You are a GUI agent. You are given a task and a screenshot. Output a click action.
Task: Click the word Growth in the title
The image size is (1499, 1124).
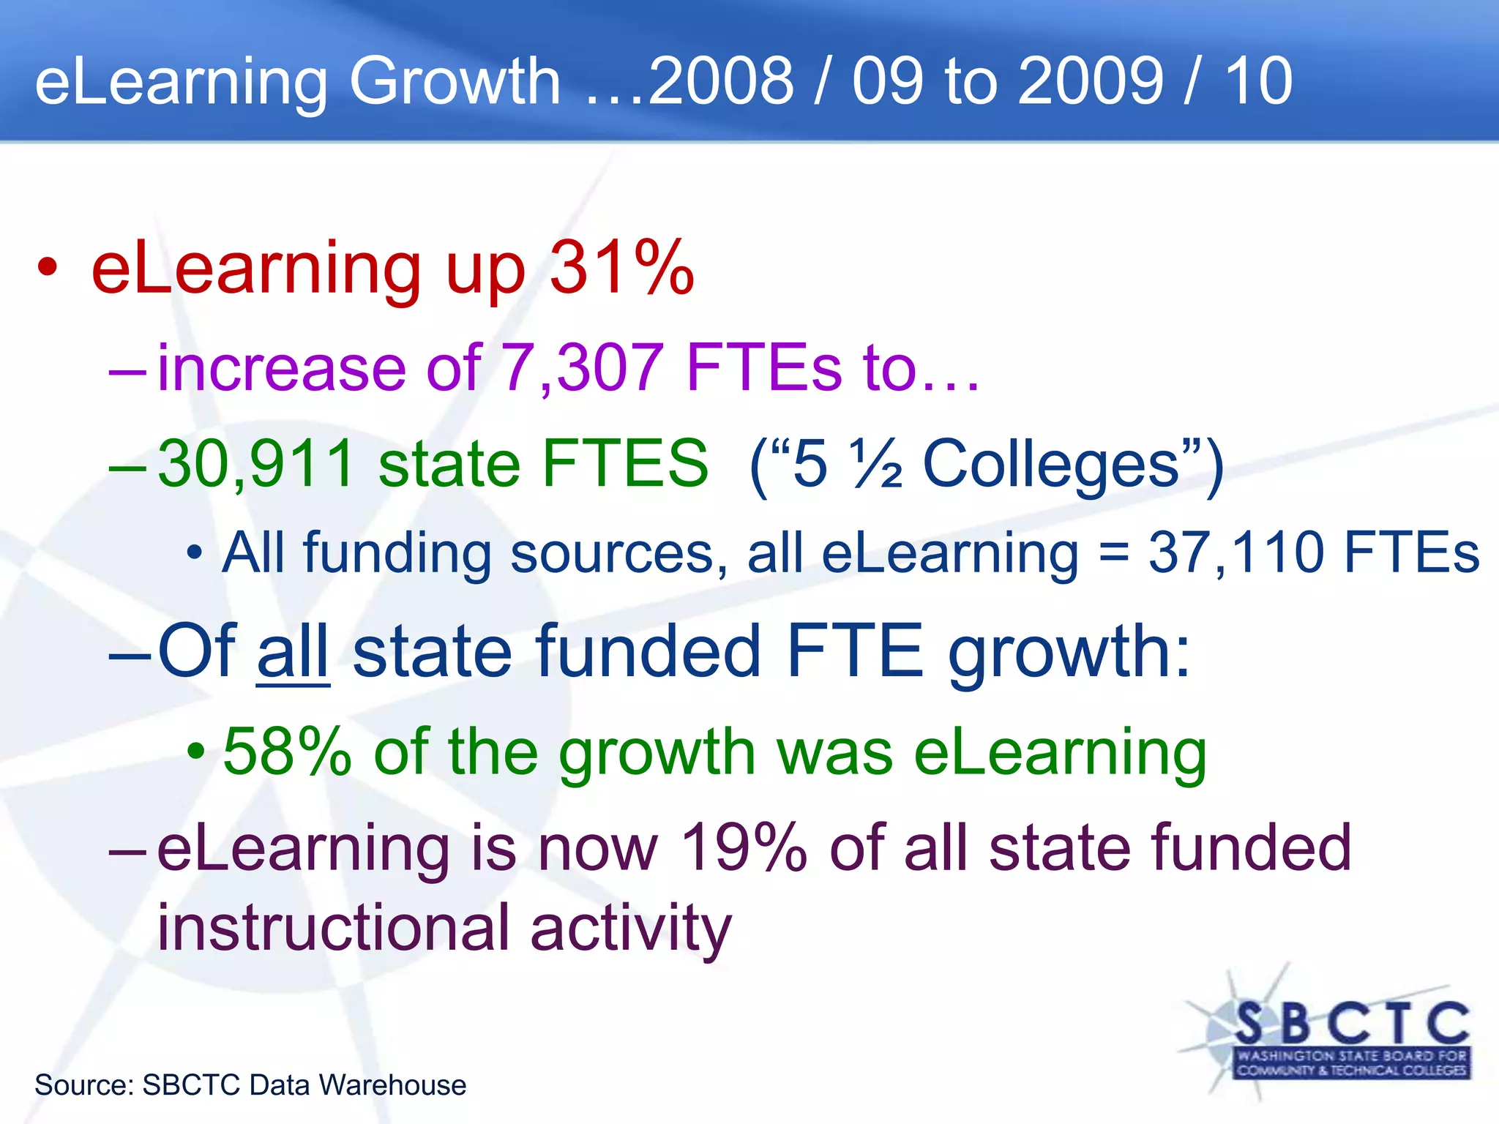click(x=454, y=82)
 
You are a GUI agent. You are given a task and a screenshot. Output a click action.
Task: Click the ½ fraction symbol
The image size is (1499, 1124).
click(x=875, y=464)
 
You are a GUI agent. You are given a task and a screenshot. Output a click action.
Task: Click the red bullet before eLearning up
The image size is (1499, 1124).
click(x=48, y=268)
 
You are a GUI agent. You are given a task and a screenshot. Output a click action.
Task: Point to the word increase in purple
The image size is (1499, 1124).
click(x=282, y=367)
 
